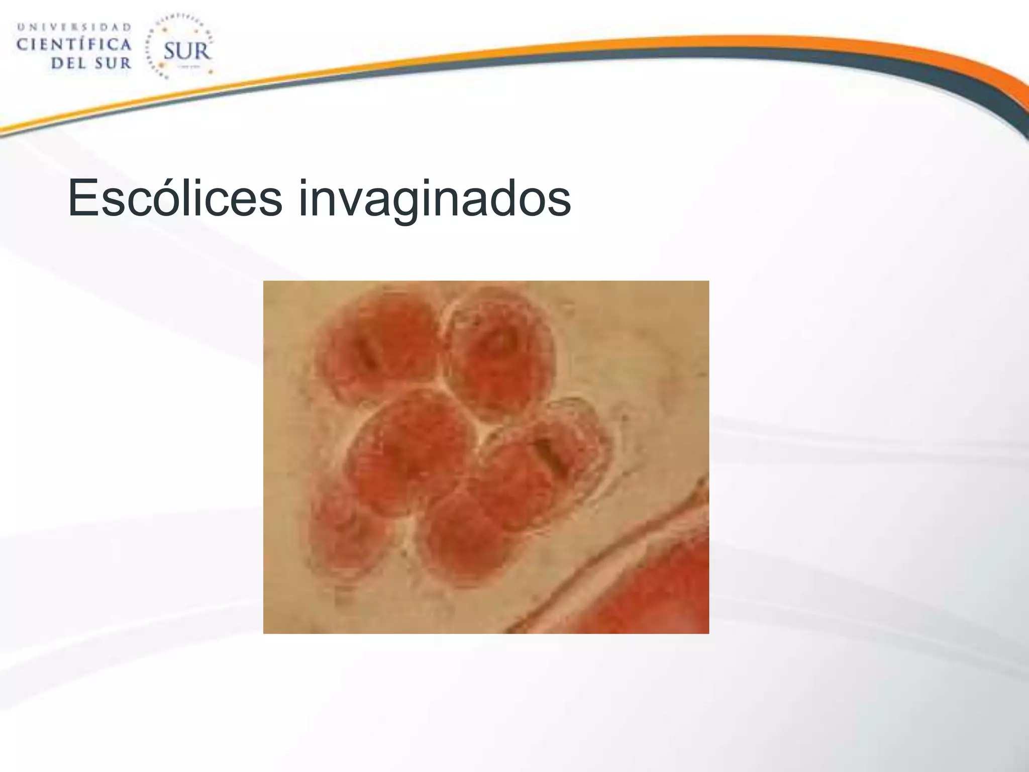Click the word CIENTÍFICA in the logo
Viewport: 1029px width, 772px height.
point(74,45)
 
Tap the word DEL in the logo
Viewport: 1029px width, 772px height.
point(68,64)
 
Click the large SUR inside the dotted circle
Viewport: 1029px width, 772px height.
point(186,51)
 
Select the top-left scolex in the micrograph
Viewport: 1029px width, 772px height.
point(377,347)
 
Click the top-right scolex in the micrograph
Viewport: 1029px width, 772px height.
point(500,352)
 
